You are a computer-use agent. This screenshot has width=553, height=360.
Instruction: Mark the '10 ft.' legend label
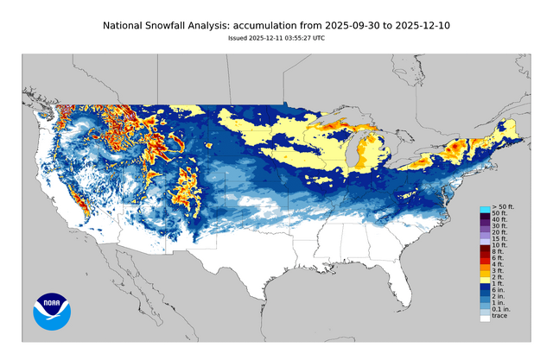501,244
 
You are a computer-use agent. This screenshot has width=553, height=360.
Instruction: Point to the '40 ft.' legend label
501,220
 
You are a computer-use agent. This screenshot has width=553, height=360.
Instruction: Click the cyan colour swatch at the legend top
486,208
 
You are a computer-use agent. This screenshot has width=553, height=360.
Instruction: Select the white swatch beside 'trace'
486,318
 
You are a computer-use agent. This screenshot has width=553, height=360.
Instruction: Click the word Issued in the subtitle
238,38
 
